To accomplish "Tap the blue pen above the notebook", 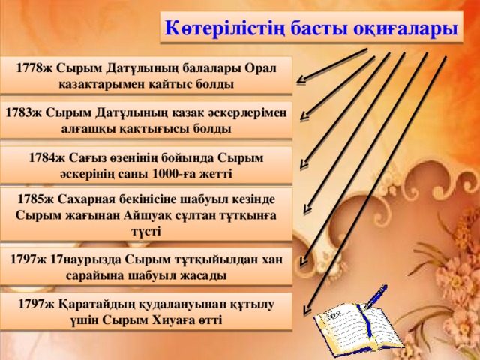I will click(375, 303).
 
